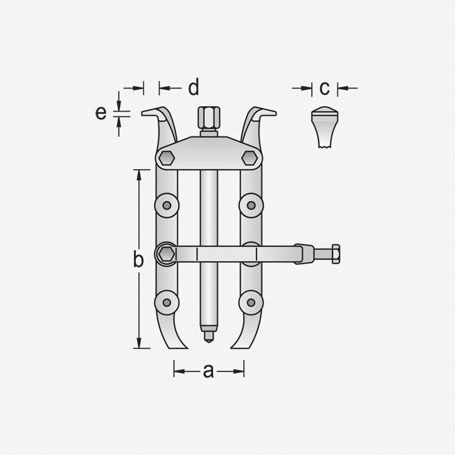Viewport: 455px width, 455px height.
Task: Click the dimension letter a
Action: pos(208,371)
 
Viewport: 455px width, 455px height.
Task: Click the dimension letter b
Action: pos(138,259)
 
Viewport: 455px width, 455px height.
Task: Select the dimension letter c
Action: pos(325,88)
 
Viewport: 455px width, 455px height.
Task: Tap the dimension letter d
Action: pos(194,87)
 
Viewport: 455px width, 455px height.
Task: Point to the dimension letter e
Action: pos(101,113)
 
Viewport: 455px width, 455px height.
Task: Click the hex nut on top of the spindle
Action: pos(209,118)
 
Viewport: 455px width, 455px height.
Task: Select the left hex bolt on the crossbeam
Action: pos(167,158)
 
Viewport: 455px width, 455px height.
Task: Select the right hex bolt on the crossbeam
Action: pos(249,158)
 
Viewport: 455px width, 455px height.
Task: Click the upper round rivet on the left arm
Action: pos(167,206)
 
